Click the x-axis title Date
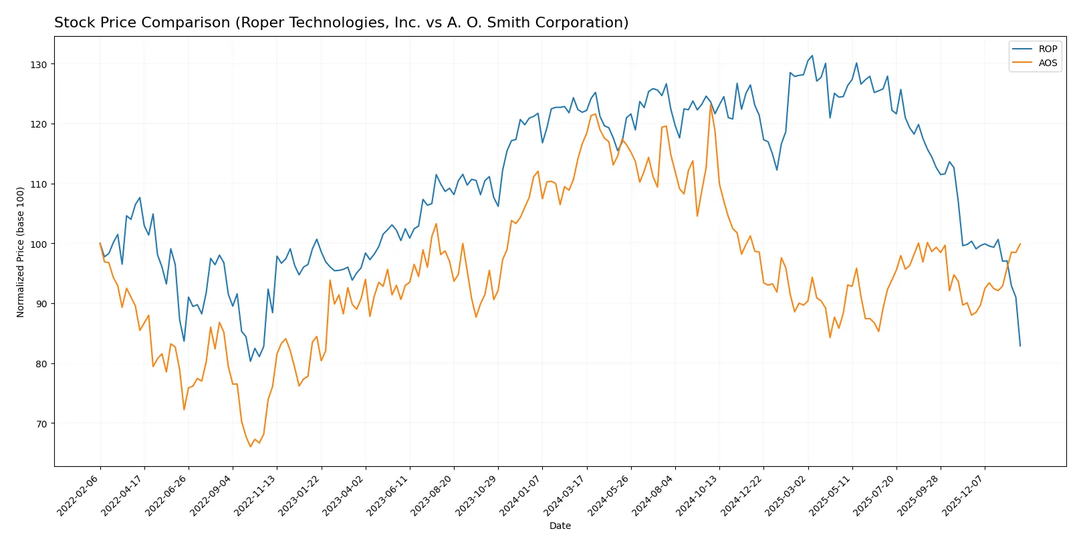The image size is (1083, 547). [560, 526]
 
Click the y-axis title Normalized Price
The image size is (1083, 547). [21, 252]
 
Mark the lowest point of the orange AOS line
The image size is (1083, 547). [251, 446]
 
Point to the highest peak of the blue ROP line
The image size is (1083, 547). [812, 55]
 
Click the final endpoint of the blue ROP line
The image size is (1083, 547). [1020, 346]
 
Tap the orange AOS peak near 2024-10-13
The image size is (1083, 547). [711, 104]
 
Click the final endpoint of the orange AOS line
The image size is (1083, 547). [1020, 244]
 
